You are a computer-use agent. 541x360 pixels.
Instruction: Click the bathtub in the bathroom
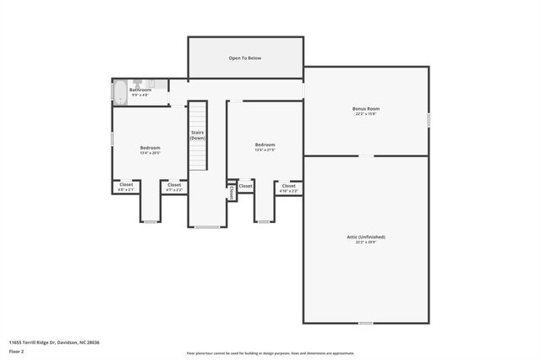[x=120, y=93]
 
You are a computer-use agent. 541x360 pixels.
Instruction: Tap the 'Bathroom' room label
[x=140, y=90]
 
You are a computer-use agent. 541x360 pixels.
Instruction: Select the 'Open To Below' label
[x=245, y=58]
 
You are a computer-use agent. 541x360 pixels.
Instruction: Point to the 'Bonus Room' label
[x=366, y=109]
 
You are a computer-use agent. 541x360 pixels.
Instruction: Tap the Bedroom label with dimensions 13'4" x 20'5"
[x=150, y=148]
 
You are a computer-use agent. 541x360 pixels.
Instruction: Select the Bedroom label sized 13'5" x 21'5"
[x=265, y=145]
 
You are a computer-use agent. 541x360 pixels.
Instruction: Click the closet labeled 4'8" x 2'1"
[x=126, y=184]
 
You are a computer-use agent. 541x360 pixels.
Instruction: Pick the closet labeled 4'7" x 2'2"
[x=173, y=184]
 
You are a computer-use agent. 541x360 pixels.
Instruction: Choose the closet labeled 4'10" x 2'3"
[x=288, y=186]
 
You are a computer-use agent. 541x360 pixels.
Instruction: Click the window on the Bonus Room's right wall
[x=429, y=121]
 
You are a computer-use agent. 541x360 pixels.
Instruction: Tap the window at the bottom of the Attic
[x=365, y=323]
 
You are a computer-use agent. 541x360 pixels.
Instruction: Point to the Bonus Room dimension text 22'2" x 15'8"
[x=366, y=114]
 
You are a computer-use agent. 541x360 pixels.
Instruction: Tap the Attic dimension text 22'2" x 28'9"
[x=365, y=242]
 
